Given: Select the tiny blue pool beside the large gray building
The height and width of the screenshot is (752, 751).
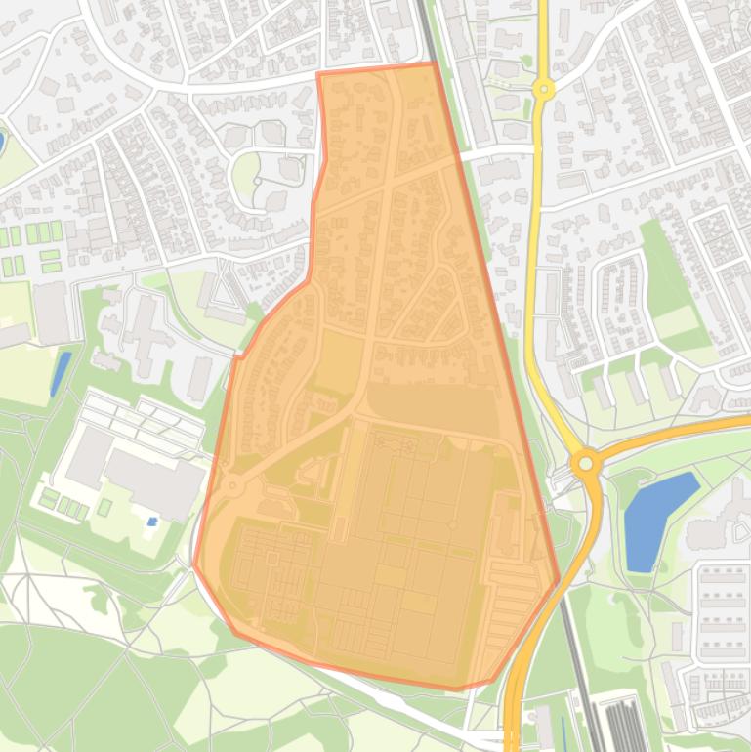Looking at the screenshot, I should point(151,522).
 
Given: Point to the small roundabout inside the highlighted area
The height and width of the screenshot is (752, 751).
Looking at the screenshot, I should point(232,485).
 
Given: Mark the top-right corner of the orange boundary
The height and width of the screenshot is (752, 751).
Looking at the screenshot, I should point(435,63).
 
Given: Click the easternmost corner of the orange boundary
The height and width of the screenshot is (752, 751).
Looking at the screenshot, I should point(559,580).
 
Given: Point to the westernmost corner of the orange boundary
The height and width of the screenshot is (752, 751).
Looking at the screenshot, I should point(194,564).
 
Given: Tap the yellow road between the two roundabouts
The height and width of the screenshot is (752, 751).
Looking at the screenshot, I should point(532,273).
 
